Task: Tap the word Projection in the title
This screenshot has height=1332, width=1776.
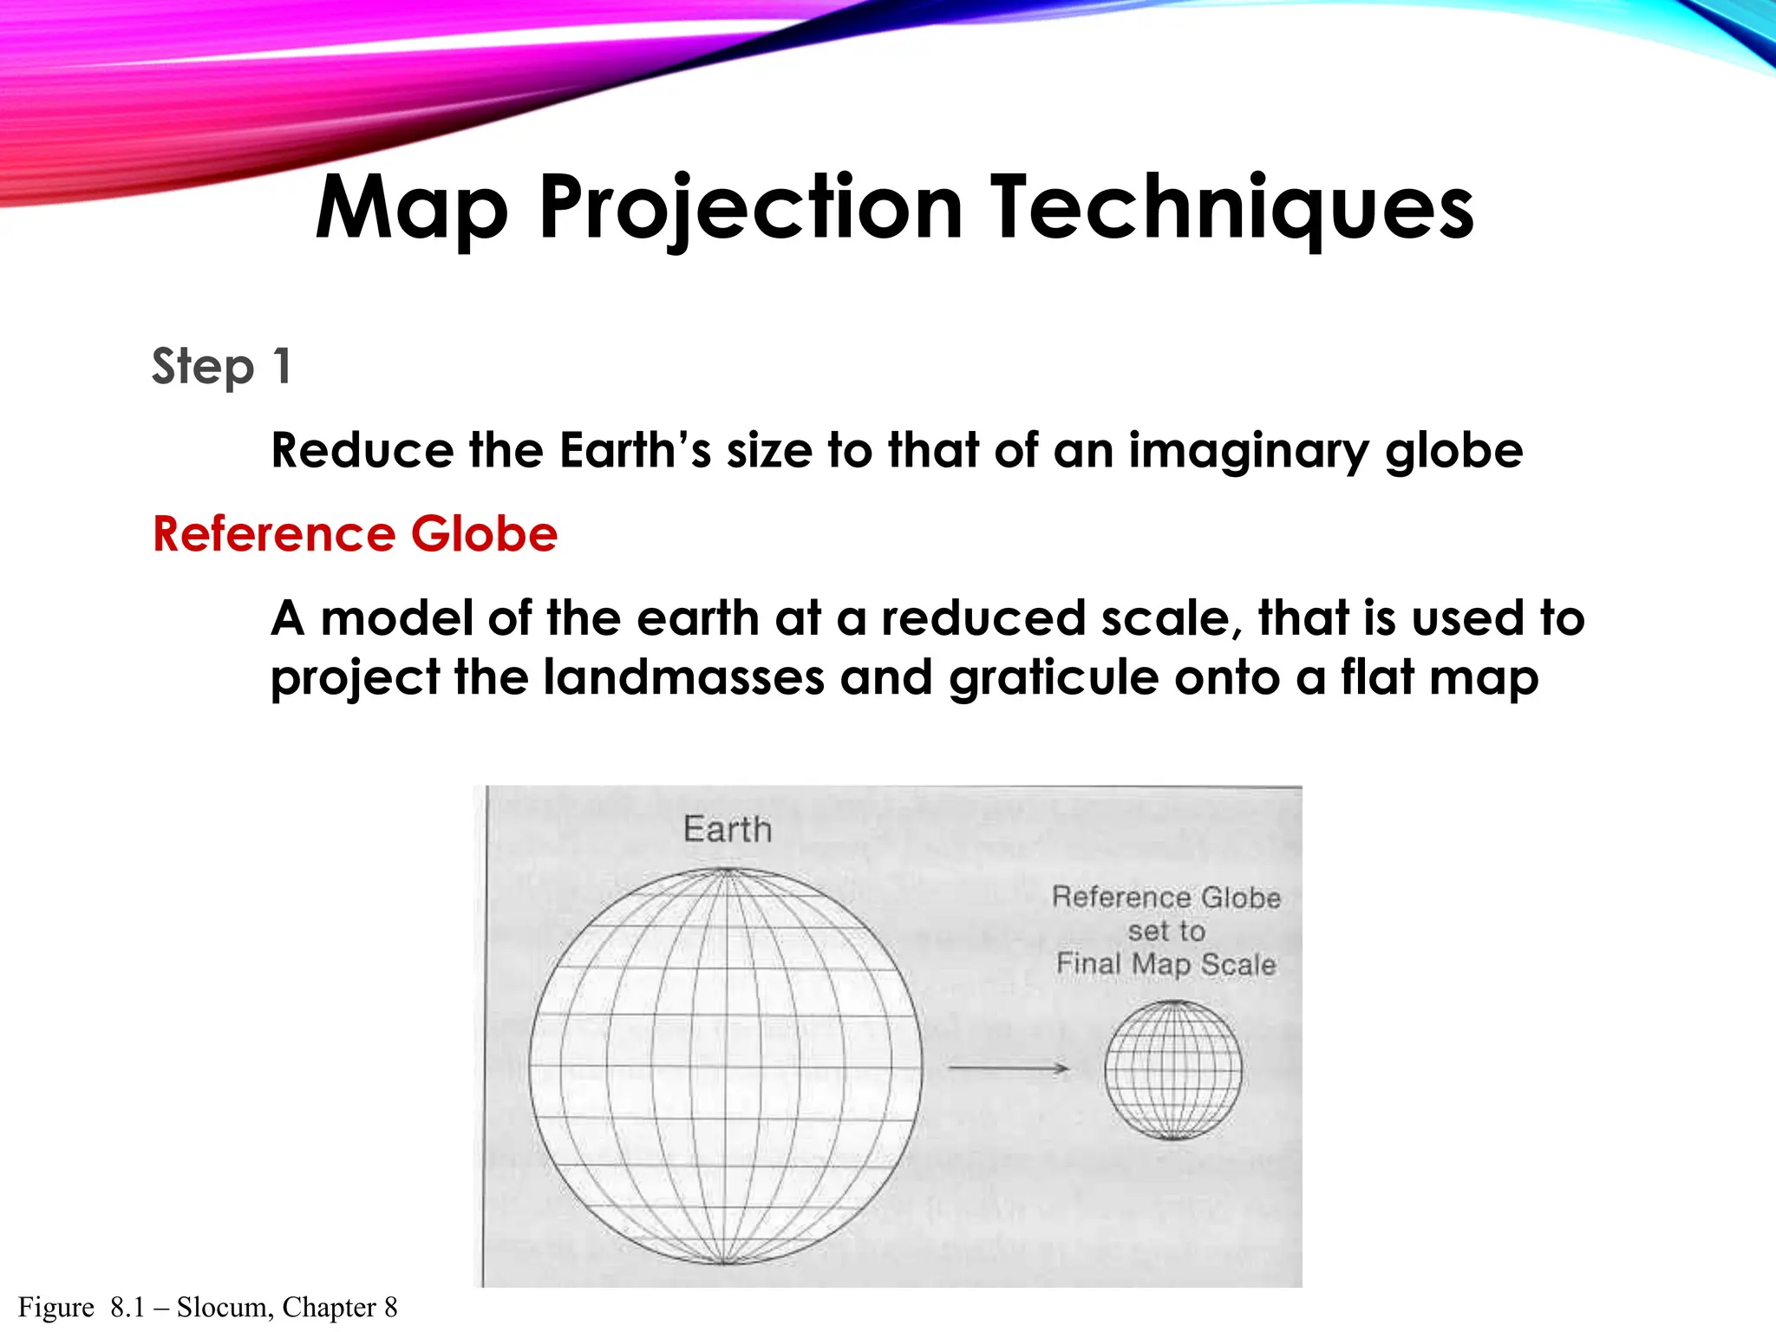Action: pyautogui.click(x=750, y=208)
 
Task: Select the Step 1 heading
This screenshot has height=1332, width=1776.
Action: pyautogui.click(x=221, y=366)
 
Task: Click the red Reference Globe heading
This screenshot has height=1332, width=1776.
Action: pyautogui.click(x=356, y=533)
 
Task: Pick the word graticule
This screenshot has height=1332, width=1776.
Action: pyautogui.click(x=1054, y=677)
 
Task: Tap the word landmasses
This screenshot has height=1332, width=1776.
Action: pyautogui.click(x=683, y=677)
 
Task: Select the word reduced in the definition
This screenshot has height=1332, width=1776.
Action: pyautogui.click(x=983, y=618)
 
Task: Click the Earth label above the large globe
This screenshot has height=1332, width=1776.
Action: pyautogui.click(x=727, y=829)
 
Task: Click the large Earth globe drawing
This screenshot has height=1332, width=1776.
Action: pyautogui.click(x=726, y=1067)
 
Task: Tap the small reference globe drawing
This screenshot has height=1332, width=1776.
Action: pyautogui.click(x=1172, y=1070)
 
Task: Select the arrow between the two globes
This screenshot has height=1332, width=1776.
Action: pyautogui.click(x=1008, y=1068)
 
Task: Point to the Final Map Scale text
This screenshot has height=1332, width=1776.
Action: pyautogui.click(x=1165, y=963)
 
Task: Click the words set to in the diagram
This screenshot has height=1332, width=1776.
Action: pyautogui.click(x=1166, y=930)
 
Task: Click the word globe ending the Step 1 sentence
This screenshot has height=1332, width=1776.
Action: pyautogui.click(x=1453, y=451)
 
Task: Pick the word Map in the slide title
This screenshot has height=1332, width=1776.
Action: pyautogui.click(x=411, y=208)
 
